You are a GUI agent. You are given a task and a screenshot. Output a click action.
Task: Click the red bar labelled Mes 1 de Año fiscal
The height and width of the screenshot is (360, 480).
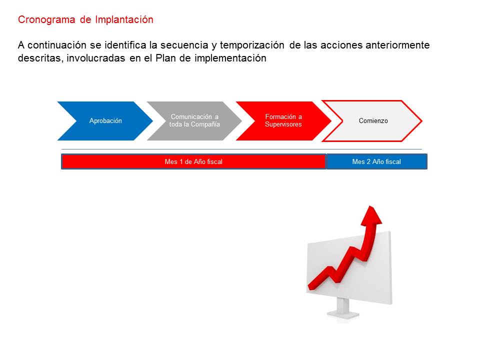click(x=193, y=161)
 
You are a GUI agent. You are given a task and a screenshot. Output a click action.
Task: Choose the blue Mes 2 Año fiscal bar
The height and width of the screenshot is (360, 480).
click(x=377, y=161)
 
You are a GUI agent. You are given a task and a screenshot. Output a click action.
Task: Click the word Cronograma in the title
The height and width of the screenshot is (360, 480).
click(x=46, y=19)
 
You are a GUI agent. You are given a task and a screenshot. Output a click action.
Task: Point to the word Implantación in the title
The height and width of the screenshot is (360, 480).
click(x=124, y=19)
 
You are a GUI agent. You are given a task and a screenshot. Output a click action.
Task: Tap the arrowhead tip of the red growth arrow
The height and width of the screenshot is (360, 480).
click(x=371, y=206)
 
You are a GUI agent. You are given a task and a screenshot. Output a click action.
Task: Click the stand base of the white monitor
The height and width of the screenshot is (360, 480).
click(x=343, y=314)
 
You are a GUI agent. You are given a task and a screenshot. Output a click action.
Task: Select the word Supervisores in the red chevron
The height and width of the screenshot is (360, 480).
click(x=283, y=124)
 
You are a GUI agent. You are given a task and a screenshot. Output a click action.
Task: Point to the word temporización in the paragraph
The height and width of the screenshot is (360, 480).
click(x=252, y=45)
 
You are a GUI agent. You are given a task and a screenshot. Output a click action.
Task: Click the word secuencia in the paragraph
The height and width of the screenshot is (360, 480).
click(x=184, y=45)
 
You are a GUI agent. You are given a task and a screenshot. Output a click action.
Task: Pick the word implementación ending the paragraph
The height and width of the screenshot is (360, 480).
click(x=230, y=58)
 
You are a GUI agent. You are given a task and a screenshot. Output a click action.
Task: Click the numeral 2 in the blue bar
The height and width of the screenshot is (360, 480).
click(x=368, y=161)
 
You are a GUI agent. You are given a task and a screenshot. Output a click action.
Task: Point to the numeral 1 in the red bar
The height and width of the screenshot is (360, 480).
click(x=181, y=161)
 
